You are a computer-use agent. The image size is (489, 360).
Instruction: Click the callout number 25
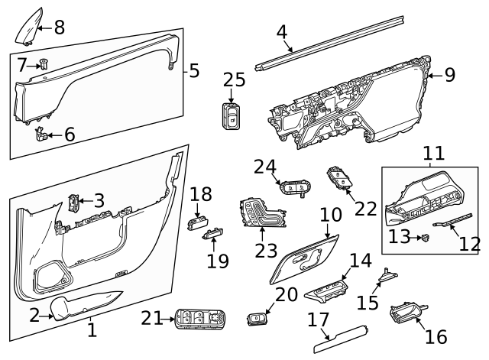coord(235,79)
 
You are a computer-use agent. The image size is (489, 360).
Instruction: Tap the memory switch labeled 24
coord(294,186)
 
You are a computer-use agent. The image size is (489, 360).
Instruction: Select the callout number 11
coord(432,154)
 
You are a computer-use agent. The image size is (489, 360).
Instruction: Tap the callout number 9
coord(449,75)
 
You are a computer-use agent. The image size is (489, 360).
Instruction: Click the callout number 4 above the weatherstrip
coord(282,32)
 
